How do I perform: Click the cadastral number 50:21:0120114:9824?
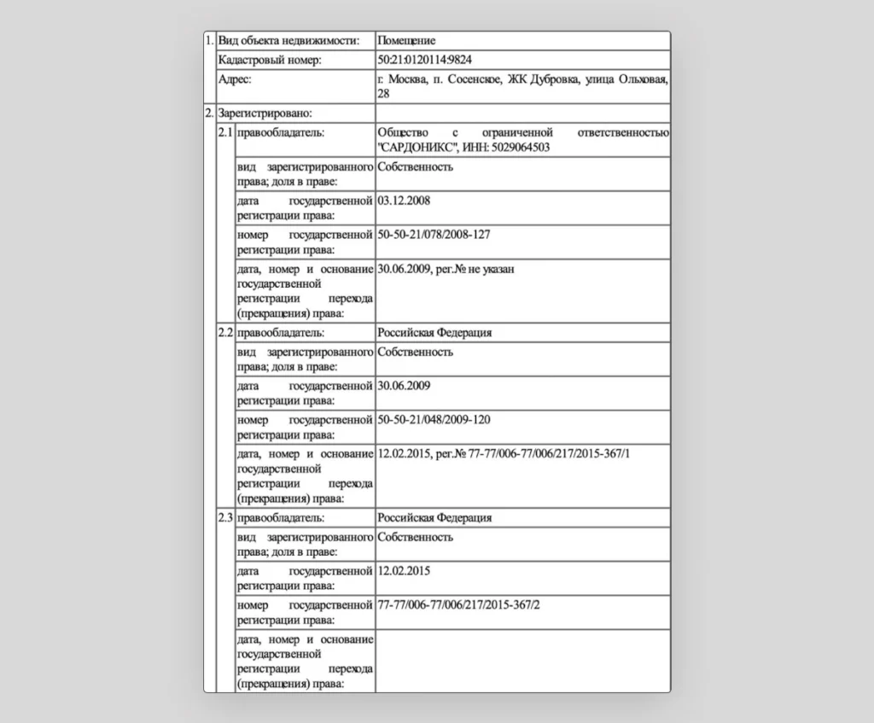point(423,61)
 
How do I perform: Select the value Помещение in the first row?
point(406,40)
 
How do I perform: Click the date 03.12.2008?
point(404,201)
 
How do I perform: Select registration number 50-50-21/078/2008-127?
point(434,234)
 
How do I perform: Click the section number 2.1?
point(225,133)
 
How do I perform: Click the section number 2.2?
point(225,333)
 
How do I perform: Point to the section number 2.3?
point(225,518)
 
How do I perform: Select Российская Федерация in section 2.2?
point(434,333)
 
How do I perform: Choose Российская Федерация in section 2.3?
point(434,518)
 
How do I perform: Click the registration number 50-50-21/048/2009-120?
point(434,419)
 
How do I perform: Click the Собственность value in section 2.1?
point(415,166)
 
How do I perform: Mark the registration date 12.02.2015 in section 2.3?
point(404,570)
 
